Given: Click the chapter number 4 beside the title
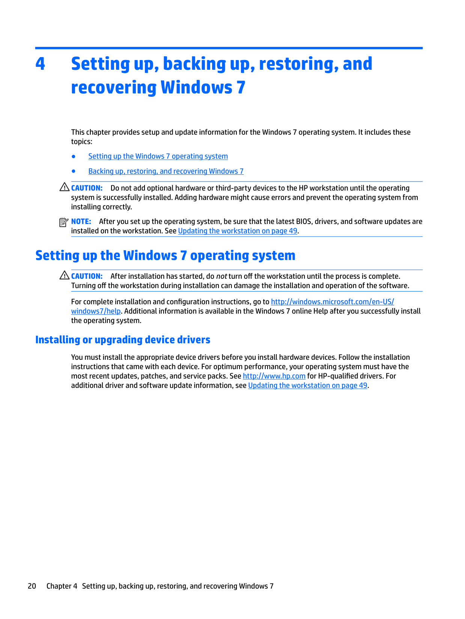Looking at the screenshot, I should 40,64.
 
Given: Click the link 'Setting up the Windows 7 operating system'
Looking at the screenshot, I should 158,156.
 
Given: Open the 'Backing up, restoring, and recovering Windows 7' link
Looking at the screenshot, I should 166,171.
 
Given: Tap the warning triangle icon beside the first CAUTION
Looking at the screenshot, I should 64,187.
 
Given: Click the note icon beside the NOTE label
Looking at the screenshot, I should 64,222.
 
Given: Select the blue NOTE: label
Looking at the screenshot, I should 81,222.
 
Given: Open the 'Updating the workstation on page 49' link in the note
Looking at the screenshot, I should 238,231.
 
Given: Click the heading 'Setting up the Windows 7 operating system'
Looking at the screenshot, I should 165,255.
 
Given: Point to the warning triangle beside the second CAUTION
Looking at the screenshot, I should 64,275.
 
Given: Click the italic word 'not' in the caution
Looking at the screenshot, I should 221,276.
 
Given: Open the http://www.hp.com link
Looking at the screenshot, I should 274,376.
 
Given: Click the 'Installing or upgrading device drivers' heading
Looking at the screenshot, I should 123,340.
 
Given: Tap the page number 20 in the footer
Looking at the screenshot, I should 32,586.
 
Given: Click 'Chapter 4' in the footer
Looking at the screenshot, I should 62,586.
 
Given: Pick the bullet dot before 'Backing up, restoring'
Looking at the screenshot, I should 74,171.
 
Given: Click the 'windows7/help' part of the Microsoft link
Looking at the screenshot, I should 96,311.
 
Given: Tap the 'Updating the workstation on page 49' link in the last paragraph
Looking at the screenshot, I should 308,386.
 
